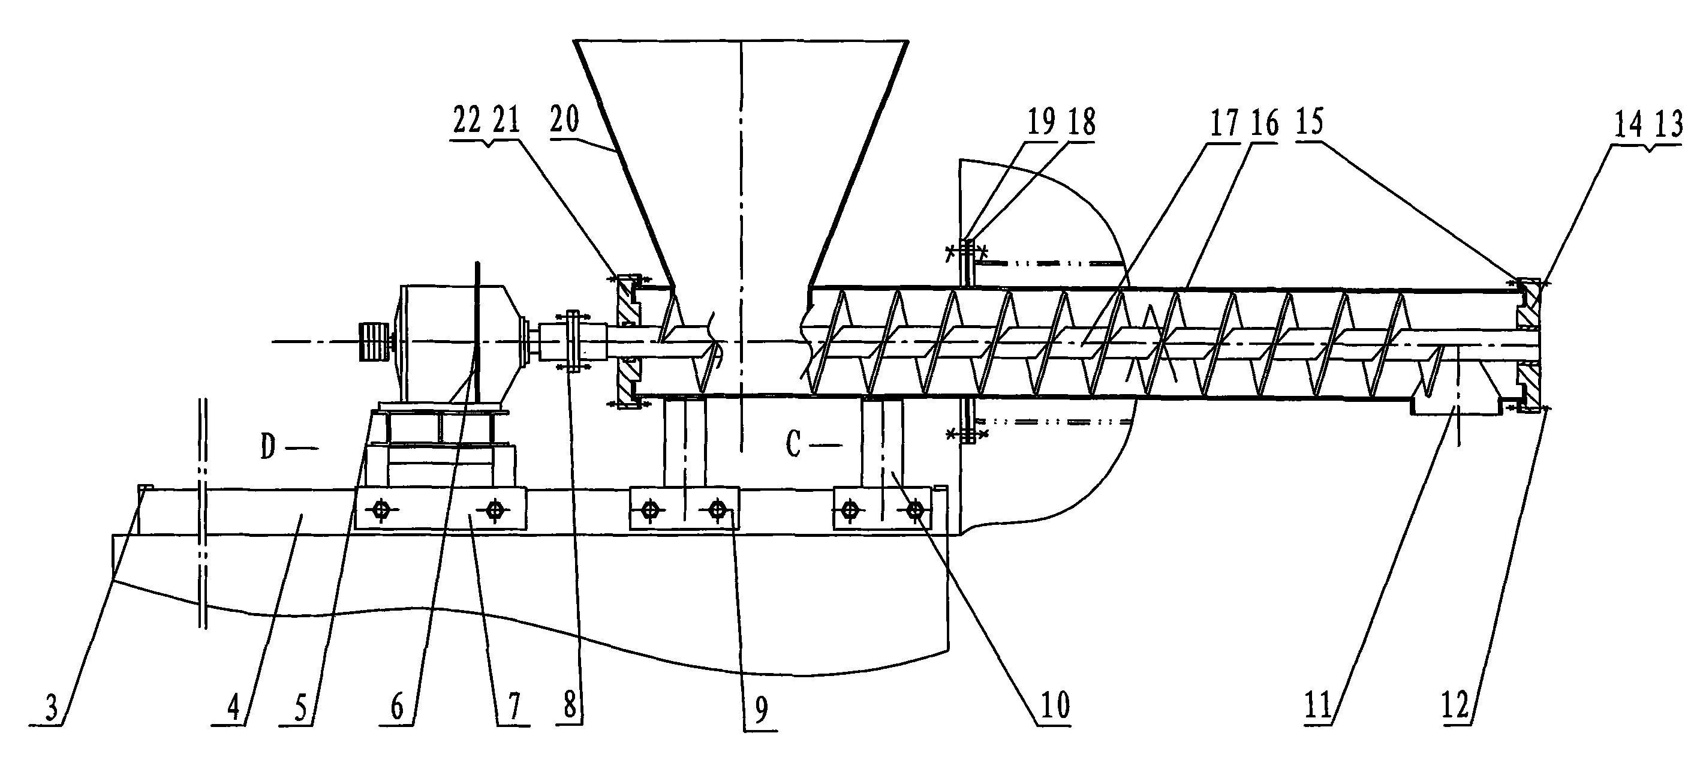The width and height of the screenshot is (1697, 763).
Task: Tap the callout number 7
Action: tap(513, 707)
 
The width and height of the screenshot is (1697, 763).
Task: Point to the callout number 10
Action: tap(1055, 705)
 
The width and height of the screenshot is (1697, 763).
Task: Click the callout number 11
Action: tap(1318, 705)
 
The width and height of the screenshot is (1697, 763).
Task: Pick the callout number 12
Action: tap(1456, 705)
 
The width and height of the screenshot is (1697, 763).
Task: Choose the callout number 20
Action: tap(565, 119)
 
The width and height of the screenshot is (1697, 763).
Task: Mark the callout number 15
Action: tap(1308, 122)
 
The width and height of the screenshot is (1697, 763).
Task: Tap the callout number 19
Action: tap(1042, 122)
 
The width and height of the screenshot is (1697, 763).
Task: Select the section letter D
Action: tap(267, 447)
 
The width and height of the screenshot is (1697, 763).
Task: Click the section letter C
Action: tap(793, 446)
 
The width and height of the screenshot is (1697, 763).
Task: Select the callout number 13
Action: tap(1668, 125)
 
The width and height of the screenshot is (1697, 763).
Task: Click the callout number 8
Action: tap(570, 707)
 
